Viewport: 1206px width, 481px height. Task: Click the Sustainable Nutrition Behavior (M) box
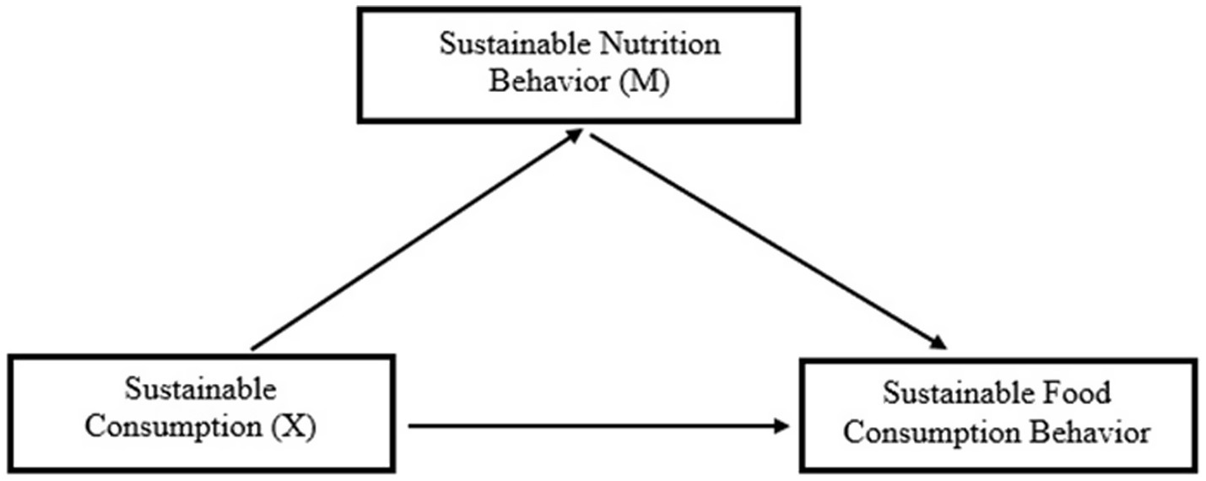(578, 65)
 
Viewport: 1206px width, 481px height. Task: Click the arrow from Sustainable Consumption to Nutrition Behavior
(414, 240)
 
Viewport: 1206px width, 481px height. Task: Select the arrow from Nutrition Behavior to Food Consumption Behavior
(764, 240)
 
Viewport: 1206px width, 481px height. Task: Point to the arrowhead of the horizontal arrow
(782, 426)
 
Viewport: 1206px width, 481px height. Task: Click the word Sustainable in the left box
(201, 391)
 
